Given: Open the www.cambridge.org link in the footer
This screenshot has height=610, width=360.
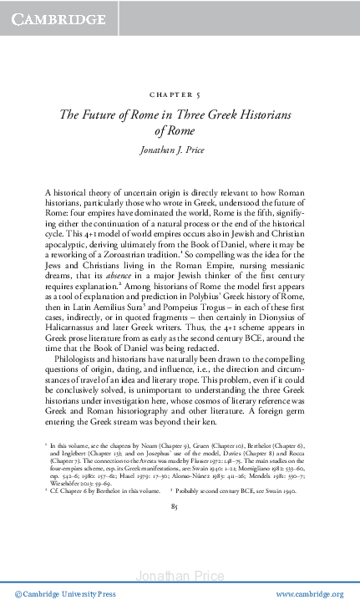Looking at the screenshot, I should click(308, 594).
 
